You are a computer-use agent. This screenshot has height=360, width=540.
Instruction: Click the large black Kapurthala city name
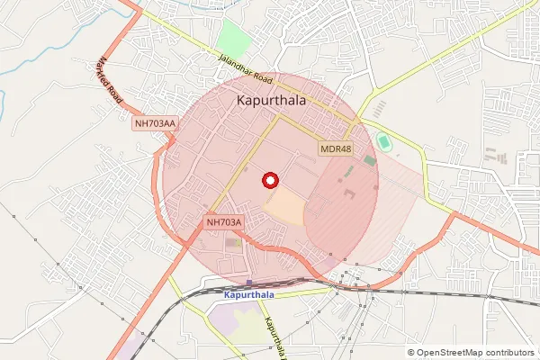270,102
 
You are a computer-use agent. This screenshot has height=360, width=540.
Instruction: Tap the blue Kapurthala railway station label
247,294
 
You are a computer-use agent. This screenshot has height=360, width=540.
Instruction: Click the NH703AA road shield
154,123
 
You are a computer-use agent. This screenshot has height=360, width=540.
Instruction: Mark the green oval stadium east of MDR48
384,141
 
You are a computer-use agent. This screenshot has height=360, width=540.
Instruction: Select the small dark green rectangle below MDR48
370,160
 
